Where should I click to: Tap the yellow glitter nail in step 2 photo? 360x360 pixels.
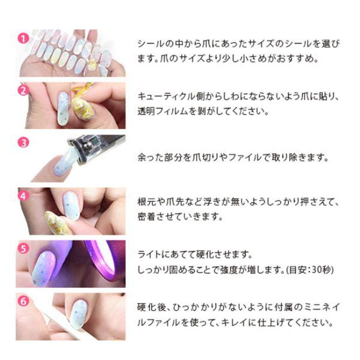pos(80,108)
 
